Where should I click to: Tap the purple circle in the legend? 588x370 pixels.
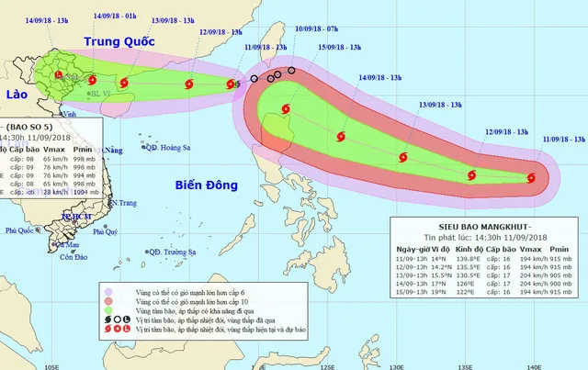[110, 290]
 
